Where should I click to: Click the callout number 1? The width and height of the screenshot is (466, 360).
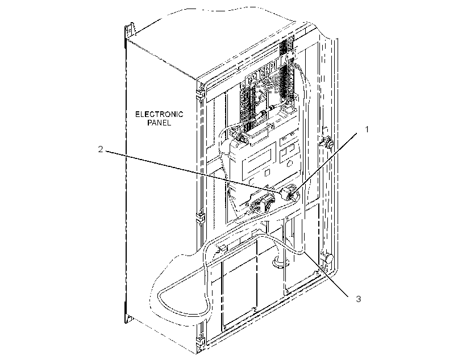tap(367, 129)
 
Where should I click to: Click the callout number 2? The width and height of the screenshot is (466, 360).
tap(101, 149)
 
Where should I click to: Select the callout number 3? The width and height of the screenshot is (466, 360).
tap(359, 299)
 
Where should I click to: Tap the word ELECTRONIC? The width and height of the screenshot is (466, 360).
tap(159, 114)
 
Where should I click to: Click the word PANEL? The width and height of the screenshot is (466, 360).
tap(159, 123)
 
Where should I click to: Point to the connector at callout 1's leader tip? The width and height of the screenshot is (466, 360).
tap(288, 193)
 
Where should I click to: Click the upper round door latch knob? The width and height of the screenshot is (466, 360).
tap(330, 144)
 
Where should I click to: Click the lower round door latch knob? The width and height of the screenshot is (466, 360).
tap(328, 258)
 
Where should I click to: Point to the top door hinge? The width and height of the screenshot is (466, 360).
tap(201, 93)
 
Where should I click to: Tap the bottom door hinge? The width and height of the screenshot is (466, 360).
tap(201, 342)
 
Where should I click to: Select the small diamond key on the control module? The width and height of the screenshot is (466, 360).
tap(289, 163)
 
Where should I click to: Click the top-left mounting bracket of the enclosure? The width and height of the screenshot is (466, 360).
tap(130, 31)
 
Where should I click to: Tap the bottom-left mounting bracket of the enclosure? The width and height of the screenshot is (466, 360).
tap(128, 317)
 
